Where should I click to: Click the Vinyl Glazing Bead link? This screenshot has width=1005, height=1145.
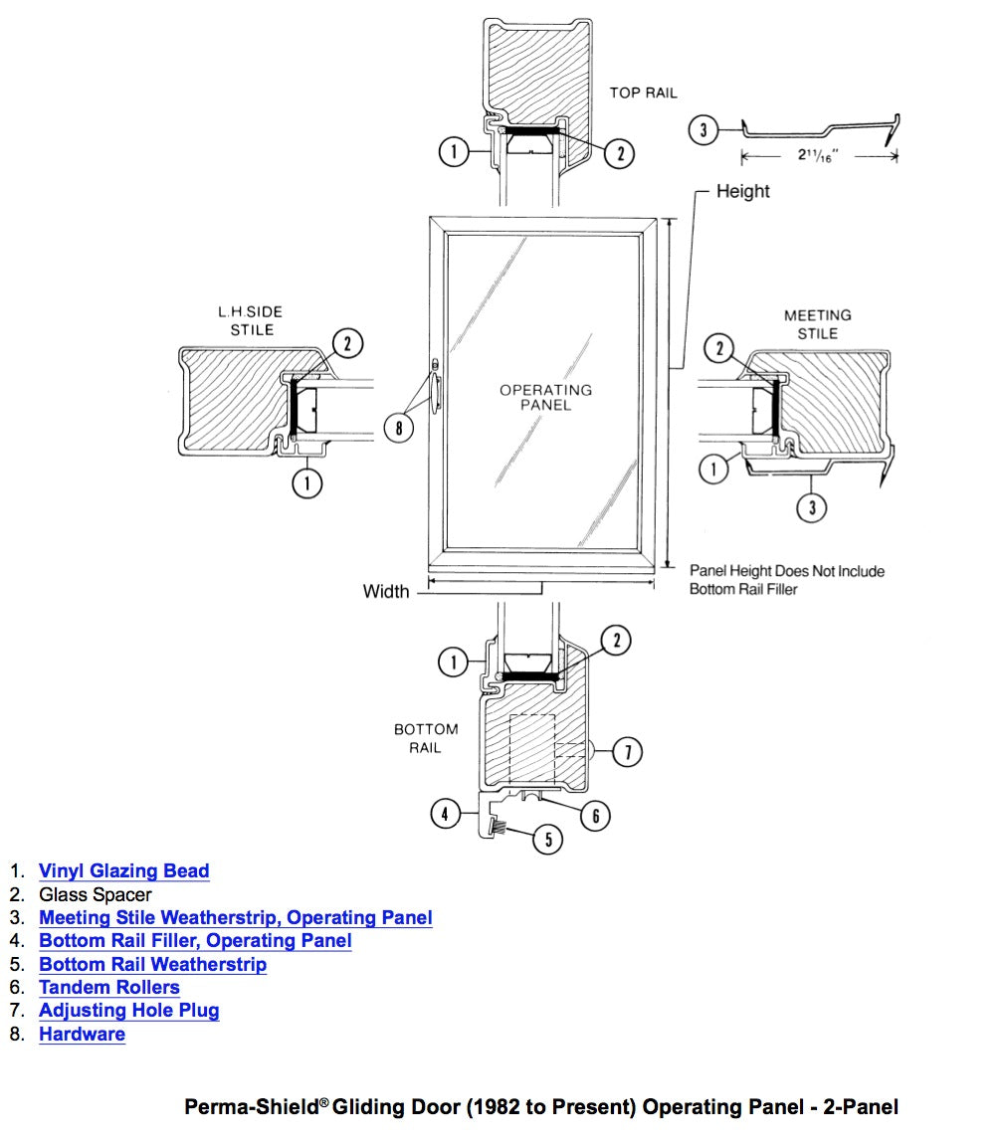(123, 871)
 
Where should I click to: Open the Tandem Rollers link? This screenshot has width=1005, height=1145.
(109, 988)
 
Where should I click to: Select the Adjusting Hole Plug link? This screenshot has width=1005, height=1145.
(129, 1011)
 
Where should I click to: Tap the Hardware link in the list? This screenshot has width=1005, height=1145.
(82, 1035)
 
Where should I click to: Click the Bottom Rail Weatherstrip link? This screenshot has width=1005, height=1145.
(152, 965)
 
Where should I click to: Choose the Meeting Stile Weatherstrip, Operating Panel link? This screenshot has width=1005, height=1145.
(235, 918)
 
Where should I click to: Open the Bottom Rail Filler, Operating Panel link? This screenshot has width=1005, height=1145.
(195, 941)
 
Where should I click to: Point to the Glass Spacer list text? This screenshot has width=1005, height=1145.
(96, 895)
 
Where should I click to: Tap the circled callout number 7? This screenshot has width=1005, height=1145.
(627, 753)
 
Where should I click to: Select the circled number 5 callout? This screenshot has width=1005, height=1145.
(548, 840)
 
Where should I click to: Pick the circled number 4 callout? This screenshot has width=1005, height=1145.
(445, 814)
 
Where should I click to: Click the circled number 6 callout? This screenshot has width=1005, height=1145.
(595, 816)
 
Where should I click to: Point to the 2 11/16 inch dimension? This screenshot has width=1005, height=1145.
(819, 156)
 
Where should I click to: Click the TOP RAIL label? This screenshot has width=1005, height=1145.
(643, 93)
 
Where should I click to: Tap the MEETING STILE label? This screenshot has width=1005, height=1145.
(817, 324)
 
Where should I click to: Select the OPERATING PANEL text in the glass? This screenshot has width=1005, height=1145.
(545, 397)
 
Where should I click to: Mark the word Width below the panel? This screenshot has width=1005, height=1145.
(386, 592)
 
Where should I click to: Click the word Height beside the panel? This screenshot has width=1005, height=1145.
(742, 191)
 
